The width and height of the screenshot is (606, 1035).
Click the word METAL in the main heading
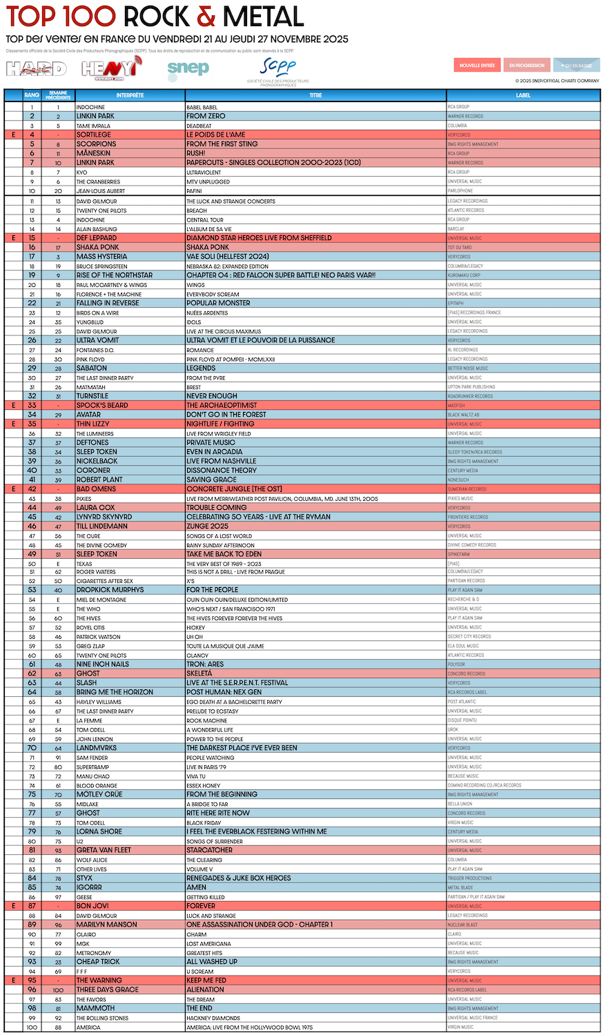pos(263,17)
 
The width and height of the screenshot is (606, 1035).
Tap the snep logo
pos(188,68)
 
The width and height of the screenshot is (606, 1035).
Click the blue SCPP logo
pos(278,67)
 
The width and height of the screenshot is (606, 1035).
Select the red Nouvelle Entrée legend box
pos(478,66)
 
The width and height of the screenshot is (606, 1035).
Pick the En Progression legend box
pos(527,66)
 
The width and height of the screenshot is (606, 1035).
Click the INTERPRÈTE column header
pos(130,95)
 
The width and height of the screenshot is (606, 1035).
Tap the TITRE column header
pos(315,95)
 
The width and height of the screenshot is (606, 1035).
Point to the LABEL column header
pos(522,95)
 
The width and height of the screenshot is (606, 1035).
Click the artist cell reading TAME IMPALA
pos(93,126)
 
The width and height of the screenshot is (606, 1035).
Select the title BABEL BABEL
pos(202,107)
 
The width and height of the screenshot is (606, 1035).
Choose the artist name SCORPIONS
pos(96,144)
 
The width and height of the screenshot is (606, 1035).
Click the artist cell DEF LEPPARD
pos(97,238)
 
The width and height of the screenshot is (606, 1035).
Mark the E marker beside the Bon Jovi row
pos(13,906)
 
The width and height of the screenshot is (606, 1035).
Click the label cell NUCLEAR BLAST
pos(462,925)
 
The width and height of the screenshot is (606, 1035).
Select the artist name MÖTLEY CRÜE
pos(99,794)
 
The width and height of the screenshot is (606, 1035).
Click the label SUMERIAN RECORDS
pos(467,489)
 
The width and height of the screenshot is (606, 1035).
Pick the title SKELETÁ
pos(199,673)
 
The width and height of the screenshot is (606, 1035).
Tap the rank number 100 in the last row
pos(32,1027)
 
